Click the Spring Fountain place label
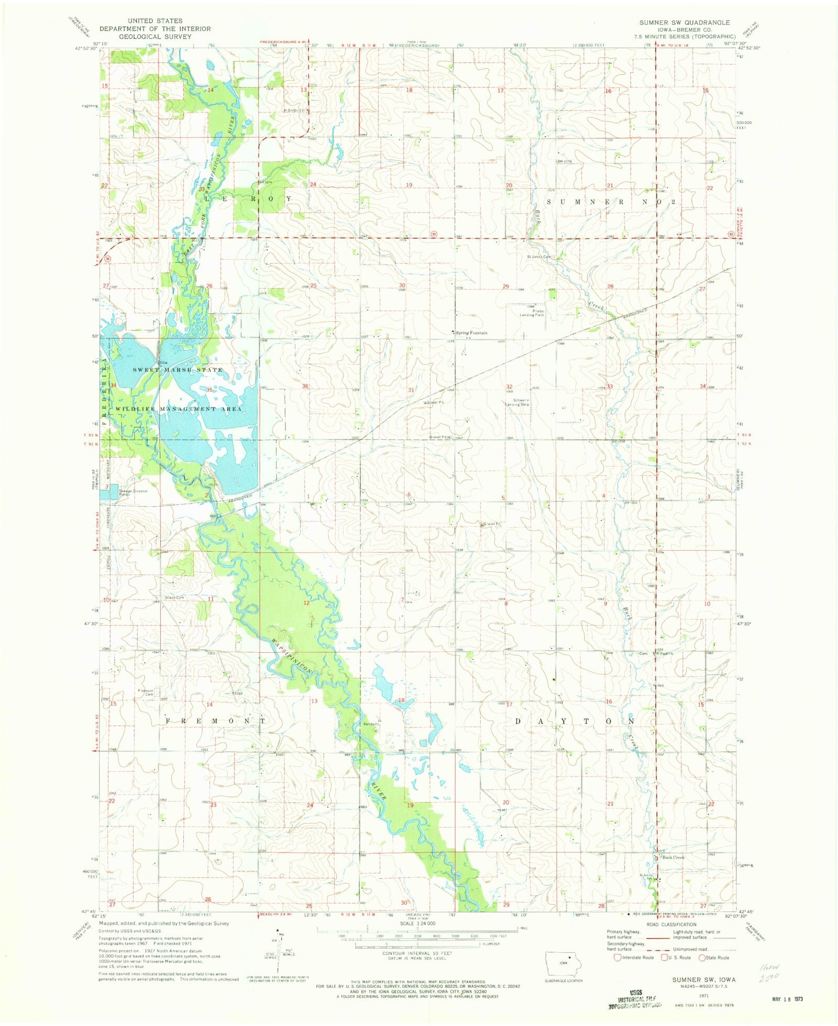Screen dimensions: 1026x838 (x=471, y=333)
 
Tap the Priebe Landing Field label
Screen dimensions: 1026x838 (x=532, y=313)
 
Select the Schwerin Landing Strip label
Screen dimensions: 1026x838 (x=517, y=403)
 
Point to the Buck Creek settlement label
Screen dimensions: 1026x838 (x=673, y=857)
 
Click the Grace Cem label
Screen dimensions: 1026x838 (x=174, y=598)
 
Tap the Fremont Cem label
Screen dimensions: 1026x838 (x=146, y=693)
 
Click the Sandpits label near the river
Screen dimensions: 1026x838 (x=371, y=724)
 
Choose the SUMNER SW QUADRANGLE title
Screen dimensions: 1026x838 (x=684, y=23)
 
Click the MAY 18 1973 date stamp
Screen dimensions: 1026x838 (x=787, y=999)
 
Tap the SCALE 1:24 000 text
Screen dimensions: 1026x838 (x=417, y=924)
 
